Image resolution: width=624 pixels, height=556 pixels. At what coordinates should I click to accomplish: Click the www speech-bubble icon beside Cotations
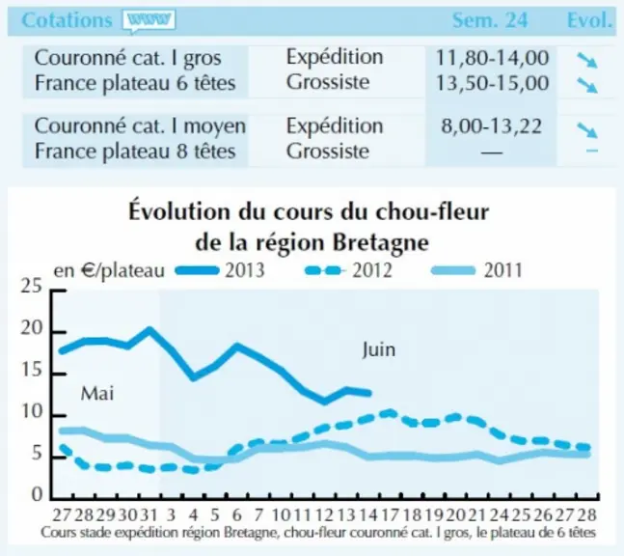click(149, 20)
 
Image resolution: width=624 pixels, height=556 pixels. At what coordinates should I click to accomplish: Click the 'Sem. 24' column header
click(490, 20)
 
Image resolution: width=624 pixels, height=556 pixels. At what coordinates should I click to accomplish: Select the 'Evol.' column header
click(589, 20)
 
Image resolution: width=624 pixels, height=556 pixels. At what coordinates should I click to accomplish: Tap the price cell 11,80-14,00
click(492, 58)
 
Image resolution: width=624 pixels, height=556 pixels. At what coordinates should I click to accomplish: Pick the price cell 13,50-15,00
click(492, 83)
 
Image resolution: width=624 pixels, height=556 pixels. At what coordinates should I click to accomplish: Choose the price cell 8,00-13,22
click(492, 126)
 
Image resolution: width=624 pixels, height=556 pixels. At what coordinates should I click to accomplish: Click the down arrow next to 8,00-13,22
click(587, 130)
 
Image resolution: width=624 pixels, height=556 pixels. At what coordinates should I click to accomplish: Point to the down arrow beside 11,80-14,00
click(587, 60)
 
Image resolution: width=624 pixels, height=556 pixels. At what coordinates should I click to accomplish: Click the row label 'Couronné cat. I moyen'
click(140, 126)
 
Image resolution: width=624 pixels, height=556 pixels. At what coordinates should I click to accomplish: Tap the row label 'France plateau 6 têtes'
click(135, 84)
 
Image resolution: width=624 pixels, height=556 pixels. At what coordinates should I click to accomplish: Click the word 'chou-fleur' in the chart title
click(432, 211)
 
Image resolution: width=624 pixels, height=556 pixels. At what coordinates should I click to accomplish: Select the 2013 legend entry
click(220, 271)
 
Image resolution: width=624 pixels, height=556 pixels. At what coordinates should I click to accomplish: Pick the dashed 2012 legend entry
click(348, 271)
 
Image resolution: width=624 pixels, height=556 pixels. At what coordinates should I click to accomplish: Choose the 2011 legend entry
click(476, 271)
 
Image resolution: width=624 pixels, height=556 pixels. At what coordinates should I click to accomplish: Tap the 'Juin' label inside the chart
click(379, 350)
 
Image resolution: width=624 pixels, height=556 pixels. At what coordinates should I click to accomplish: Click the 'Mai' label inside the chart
click(97, 394)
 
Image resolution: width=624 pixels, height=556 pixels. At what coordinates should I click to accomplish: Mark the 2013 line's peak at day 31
click(149, 330)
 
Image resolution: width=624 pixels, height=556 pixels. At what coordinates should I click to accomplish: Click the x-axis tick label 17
click(390, 515)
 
